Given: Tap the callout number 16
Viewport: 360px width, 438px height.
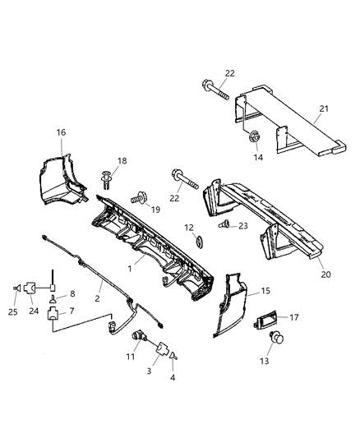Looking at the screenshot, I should click(61, 131).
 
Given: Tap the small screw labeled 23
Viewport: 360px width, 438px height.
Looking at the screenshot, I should click(224, 224).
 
